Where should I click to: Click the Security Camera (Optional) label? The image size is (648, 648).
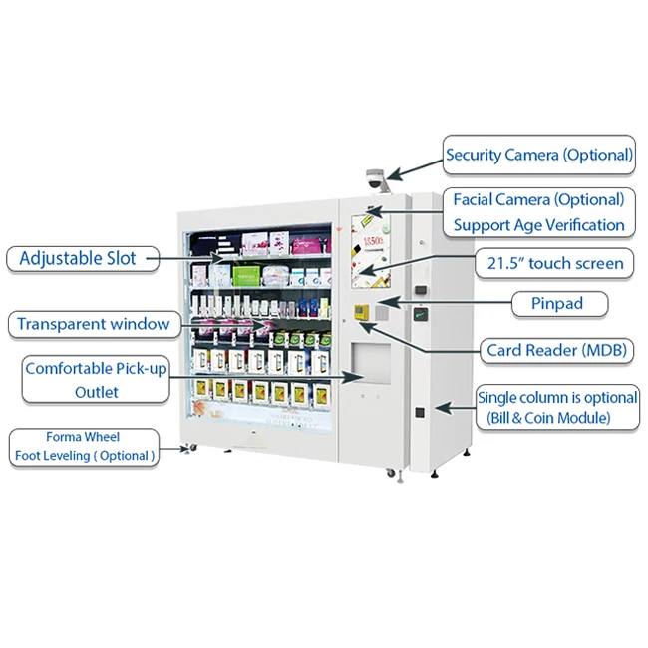click(538, 155)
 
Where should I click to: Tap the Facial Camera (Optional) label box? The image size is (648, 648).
click(538, 212)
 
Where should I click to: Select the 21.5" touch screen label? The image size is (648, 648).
click(549, 263)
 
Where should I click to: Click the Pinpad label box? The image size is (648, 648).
click(548, 303)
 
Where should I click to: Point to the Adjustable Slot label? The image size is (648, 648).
click(77, 259)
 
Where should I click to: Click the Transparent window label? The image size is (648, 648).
click(93, 324)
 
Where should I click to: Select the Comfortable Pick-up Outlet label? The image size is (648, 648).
click(96, 380)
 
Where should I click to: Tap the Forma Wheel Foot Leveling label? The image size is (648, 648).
click(85, 447)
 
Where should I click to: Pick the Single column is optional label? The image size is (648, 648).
click(557, 407)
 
